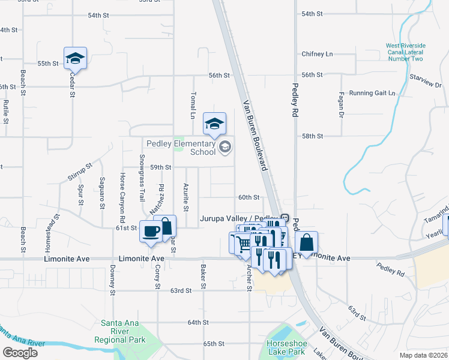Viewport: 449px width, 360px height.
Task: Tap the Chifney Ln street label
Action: tap(317, 54)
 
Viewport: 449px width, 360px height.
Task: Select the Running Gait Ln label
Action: tap(372, 93)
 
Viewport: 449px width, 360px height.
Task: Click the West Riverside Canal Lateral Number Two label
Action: tap(405, 52)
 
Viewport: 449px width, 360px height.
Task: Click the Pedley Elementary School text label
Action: tap(181, 148)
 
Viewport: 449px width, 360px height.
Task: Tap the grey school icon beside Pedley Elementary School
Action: tap(225, 147)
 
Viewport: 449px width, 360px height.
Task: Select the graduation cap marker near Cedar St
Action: tap(75, 58)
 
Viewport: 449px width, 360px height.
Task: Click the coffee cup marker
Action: tap(150, 231)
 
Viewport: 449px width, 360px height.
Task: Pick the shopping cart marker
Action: tap(241, 243)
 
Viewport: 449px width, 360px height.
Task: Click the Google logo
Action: tap(20, 352)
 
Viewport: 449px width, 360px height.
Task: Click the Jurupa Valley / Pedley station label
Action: tap(239, 220)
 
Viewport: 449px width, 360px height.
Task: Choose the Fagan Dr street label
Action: tap(341, 105)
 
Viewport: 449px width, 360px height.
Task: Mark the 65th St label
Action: tap(213, 344)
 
